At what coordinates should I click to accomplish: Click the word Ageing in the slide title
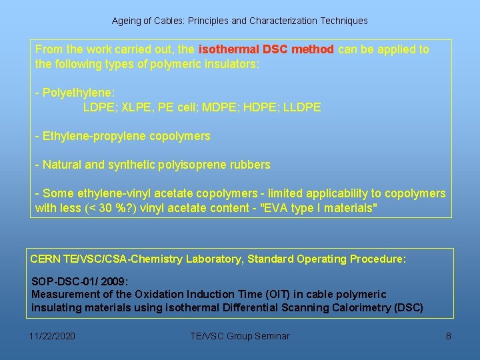[x=126, y=21]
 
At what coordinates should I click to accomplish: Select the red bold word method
[x=313, y=49]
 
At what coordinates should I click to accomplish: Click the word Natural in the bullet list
[x=63, y=164]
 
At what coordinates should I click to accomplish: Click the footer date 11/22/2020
[x=53, y=336]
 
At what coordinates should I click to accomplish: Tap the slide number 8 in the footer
[x=448, y=336]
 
